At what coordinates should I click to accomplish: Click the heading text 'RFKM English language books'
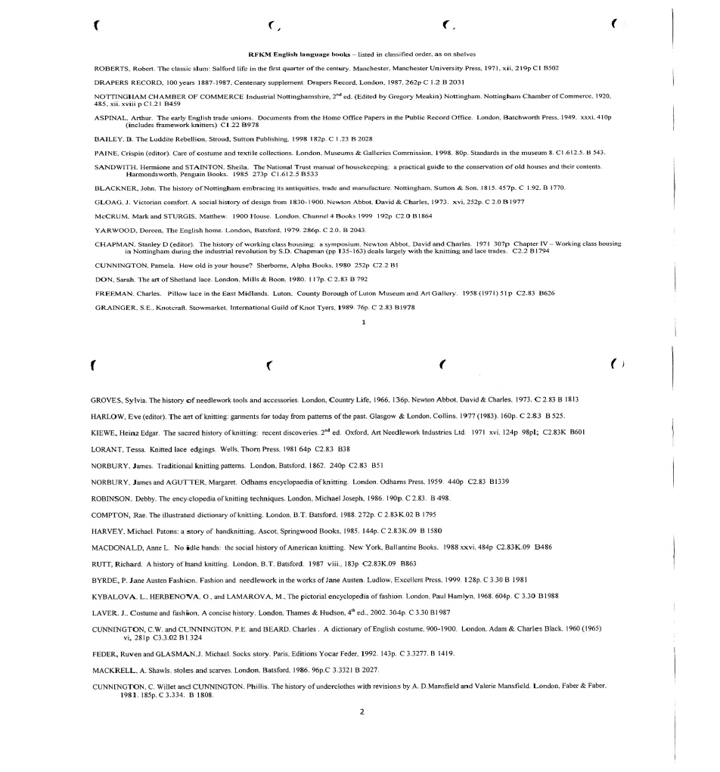click(x=294, y=54)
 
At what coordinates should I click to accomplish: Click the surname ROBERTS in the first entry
click(x=110, y=67)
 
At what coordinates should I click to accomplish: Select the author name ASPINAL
click(x=110, y=119)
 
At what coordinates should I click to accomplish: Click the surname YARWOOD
click(x=113, y=229)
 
